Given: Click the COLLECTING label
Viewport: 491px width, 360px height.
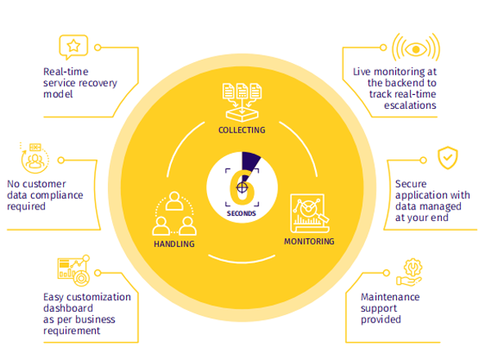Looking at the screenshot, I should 241,130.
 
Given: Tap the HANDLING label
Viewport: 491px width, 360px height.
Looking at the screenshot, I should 173,244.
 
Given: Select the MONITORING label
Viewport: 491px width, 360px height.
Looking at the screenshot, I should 309,241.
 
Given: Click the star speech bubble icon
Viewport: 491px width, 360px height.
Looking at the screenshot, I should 73,46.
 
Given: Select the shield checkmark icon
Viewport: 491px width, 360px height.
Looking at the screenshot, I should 447,158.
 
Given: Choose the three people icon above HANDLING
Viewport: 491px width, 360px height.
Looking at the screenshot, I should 174,214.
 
